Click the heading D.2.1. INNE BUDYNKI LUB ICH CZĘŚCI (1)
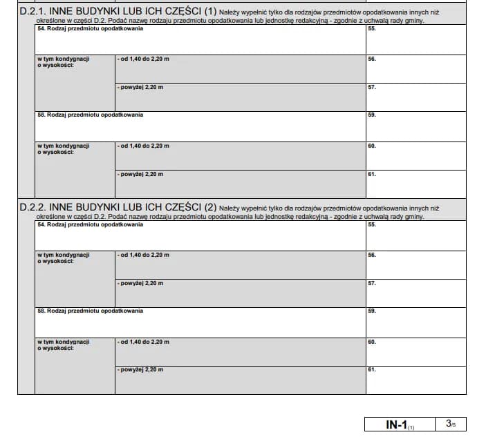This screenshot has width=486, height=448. pos(118,12)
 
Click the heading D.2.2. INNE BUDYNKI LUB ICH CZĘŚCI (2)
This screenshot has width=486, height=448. pos(118,207)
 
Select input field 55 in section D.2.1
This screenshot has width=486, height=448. pos(415,41)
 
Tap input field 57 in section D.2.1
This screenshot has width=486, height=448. pos(415,97)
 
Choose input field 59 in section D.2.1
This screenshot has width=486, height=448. pos(415,126)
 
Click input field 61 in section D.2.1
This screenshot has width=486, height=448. pos(415,184)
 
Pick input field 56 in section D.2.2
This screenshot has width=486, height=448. pos(415,265)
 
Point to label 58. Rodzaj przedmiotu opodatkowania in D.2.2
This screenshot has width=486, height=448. pos(90,311)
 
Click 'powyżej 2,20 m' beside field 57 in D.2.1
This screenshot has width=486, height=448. pos(141,88)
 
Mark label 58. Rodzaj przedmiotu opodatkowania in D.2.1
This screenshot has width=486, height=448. pos(90,115)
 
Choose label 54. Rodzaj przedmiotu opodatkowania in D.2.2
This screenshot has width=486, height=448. pos(90,224)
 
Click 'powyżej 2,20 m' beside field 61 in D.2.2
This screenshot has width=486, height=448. pos(141,370)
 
